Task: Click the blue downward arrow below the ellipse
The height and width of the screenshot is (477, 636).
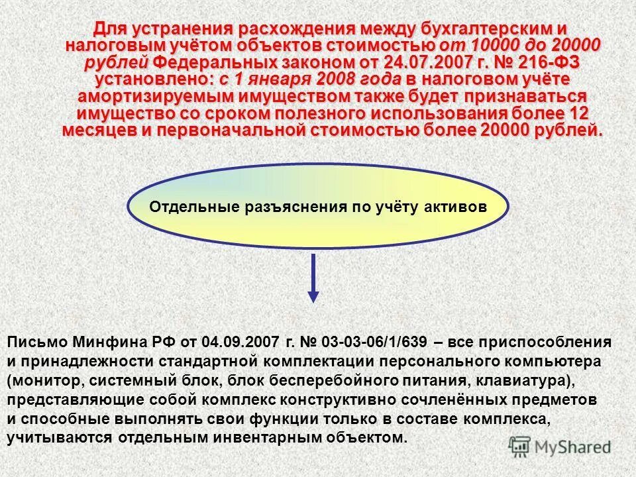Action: click(x=314, y=278)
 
